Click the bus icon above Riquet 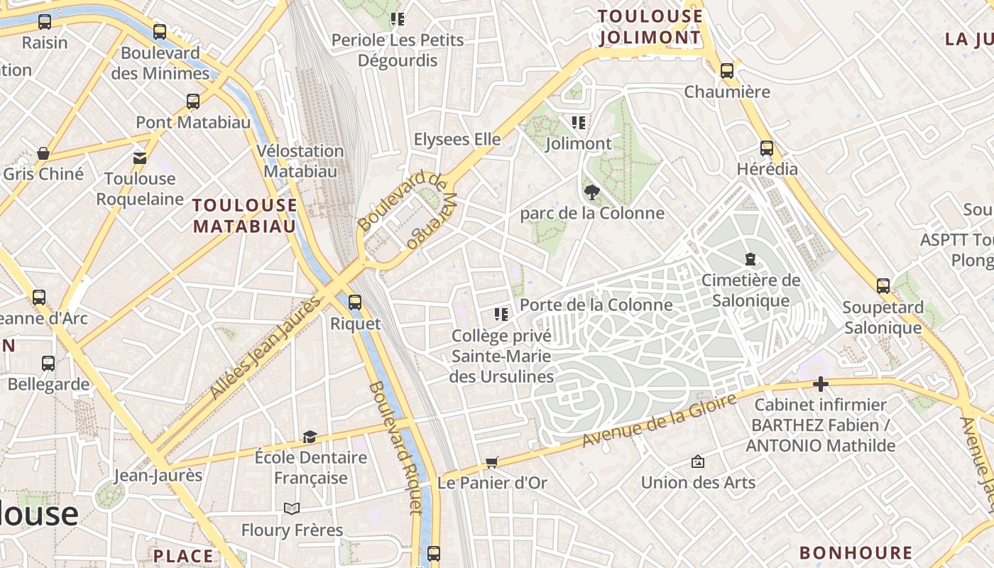[355, 302]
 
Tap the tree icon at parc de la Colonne [591, 192]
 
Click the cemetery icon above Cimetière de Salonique [750, 260]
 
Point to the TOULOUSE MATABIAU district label [245, 216]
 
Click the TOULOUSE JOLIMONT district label [650, 27]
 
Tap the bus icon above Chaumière [726, 71]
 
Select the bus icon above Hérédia [767, 148]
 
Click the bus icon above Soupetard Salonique [883, 286]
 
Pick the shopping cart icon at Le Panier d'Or [492, 462]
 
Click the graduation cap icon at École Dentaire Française [310, 437]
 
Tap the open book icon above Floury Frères [291, 508]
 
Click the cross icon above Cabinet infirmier [821, 385]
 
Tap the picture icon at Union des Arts [698, 462]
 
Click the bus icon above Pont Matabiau [193, 102]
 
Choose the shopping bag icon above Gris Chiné [43, 153]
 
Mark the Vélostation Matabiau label [300, 161]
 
